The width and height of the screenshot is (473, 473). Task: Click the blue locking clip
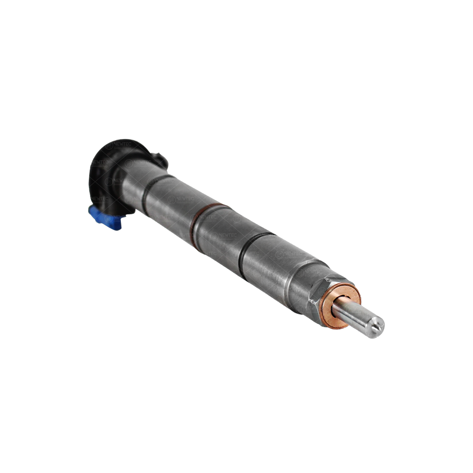[105, 217]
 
